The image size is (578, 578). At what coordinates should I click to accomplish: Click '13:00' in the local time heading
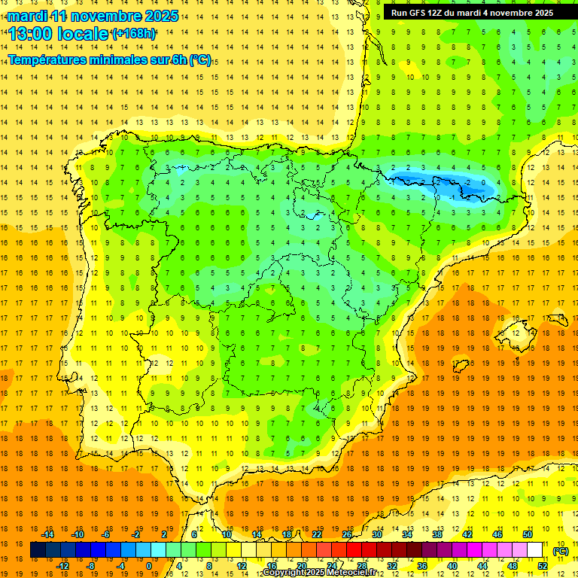click(x=32, y=34)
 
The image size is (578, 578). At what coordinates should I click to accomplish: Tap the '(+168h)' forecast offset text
click(x=134, y=34)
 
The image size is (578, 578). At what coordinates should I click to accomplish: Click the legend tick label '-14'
click(x=47, y=534)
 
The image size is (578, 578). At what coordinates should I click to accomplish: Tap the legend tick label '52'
click(x=543, y=566)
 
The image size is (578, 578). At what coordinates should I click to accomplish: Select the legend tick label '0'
click(x=149, y=566)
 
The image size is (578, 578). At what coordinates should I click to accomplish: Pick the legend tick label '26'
click(x=347, y=534)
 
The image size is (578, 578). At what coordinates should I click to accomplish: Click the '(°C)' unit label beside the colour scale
click(x=561, y=551)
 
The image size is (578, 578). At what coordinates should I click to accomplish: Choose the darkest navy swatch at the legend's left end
click(x=38, y=550)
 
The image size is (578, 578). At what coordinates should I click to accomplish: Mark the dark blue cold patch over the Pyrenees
click(x=444, y=183)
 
